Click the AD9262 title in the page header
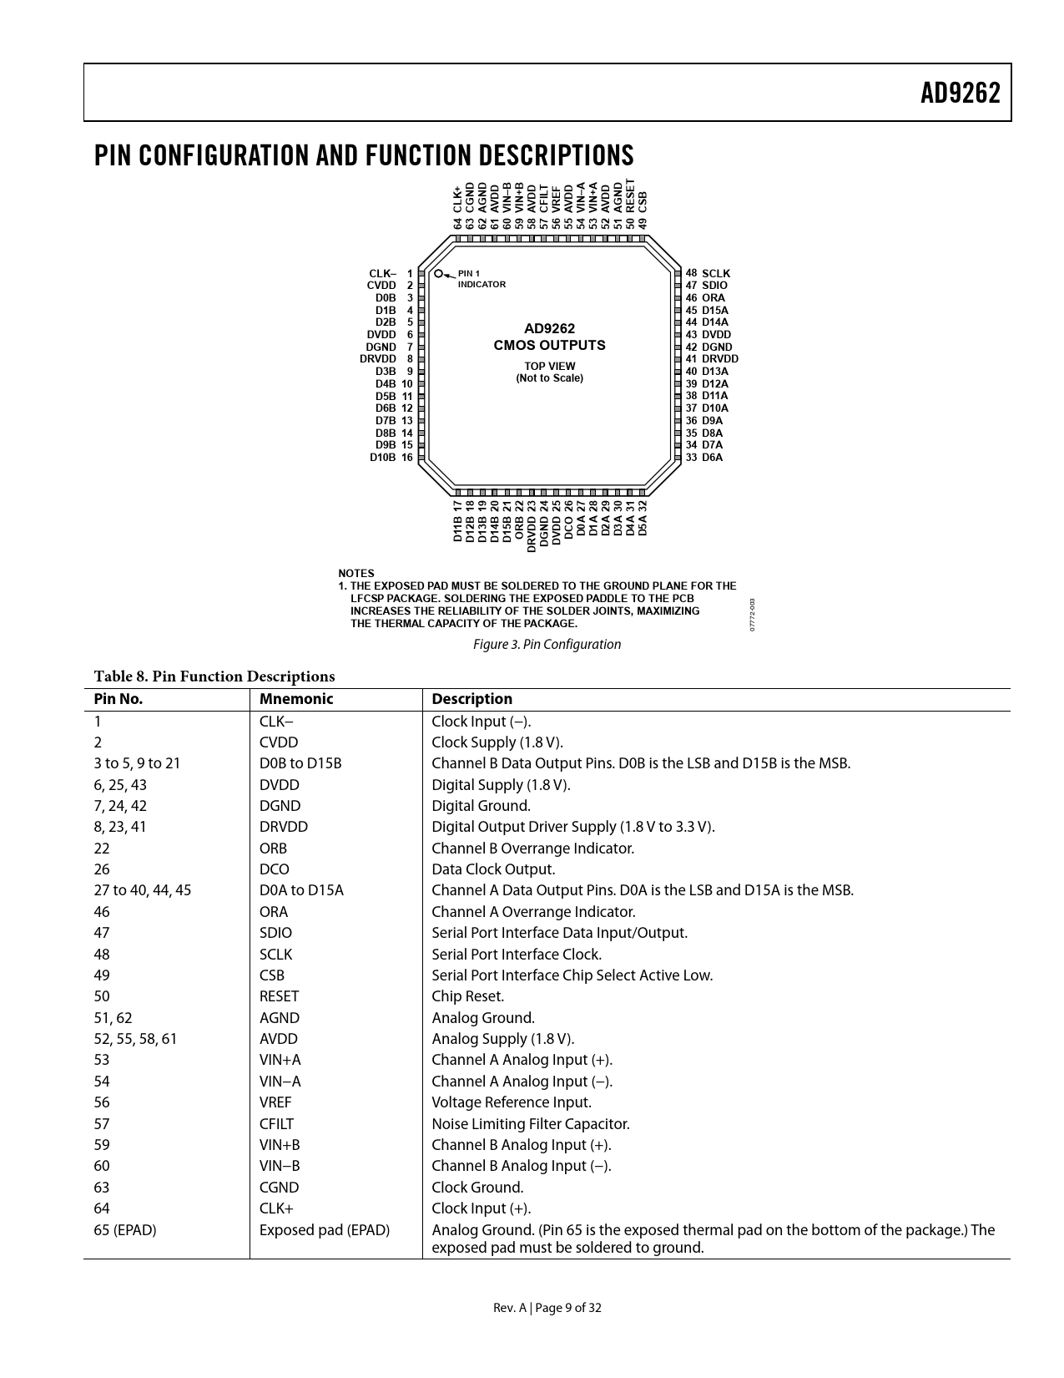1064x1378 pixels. [x=960, y=94]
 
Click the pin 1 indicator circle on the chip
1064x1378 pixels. [x=439, y=272]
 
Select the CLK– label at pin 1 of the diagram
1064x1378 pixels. [x=382, y=273]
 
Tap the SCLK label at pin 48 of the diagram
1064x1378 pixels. [x=716, y=273]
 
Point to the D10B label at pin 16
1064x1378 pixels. [x=383, y=458]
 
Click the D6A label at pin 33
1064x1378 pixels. [x=712, y=458]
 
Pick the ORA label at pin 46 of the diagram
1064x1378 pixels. [x=714, y=298]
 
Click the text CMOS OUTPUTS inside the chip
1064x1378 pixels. [x=549, y=345]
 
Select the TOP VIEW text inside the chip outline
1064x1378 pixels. [x=549, y=366]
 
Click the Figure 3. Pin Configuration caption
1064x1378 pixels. [x=547, y=644]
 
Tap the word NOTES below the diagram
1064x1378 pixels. [x=356, y=574]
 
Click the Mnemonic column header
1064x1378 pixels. [x=295, y=699]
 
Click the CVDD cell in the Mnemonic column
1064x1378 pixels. [x=279, y=742]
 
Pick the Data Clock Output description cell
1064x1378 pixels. [x=493, y=869]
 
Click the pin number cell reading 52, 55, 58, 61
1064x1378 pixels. [x=135, y=1039]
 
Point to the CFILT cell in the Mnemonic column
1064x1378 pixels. [x=276, y=1124]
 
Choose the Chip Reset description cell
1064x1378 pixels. [x=467, y=996]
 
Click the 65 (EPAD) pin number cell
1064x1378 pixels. [x=124, y=1229]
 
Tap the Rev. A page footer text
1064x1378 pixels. [x=547, y=1308]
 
